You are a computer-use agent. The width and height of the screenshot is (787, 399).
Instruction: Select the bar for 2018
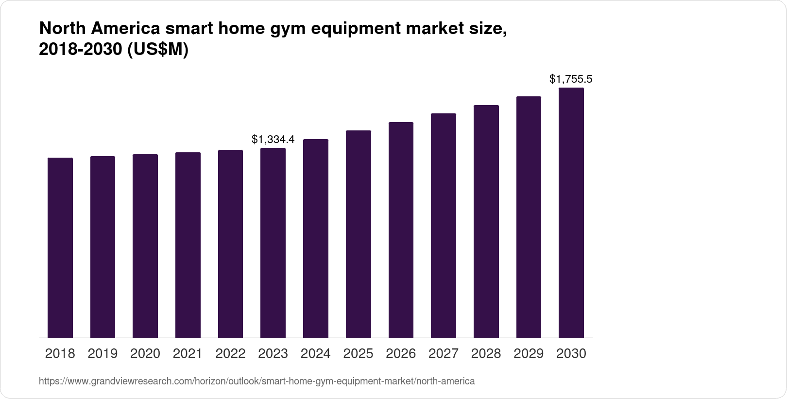[60, 248]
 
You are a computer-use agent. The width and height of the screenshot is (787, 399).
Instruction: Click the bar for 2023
[273, 243]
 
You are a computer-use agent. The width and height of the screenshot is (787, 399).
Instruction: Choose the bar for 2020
[145, 246]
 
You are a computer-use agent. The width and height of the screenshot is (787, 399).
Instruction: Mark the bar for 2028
[486, 221]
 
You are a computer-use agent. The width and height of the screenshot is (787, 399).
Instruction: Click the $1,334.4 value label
[273, 140]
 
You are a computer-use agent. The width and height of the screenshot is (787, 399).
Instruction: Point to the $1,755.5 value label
[571, 79]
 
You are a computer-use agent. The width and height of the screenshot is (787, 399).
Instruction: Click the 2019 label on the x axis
[103, 354]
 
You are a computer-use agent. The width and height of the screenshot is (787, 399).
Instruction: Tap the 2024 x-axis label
[316, 354]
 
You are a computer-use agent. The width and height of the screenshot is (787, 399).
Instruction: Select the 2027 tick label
[444, 354]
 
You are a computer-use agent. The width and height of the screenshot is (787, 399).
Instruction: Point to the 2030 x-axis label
[571, 354]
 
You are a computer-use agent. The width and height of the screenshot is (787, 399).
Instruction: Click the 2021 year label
[188, 354]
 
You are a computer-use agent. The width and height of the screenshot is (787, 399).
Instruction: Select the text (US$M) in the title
[157, 50]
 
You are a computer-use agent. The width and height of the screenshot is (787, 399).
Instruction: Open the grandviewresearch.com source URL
[257, 381]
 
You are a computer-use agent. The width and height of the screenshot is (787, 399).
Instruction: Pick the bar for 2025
[359, 234]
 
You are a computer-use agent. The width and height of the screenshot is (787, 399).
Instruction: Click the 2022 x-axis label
[230, 354]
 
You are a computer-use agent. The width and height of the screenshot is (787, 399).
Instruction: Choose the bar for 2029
[529, 217]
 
